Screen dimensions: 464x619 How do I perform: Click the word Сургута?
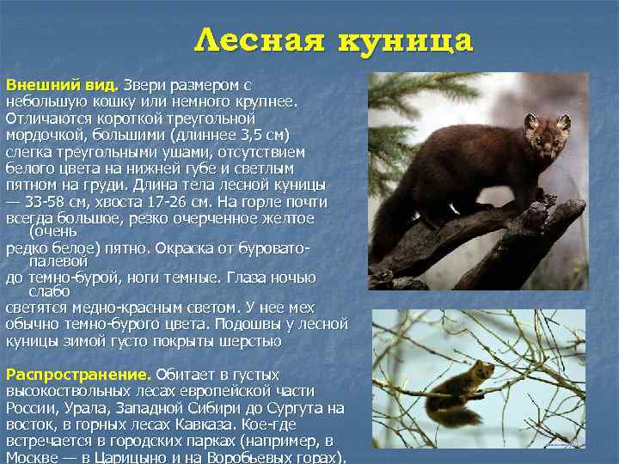pos(296,408)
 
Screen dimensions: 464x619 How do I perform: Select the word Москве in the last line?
pos(30,457)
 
